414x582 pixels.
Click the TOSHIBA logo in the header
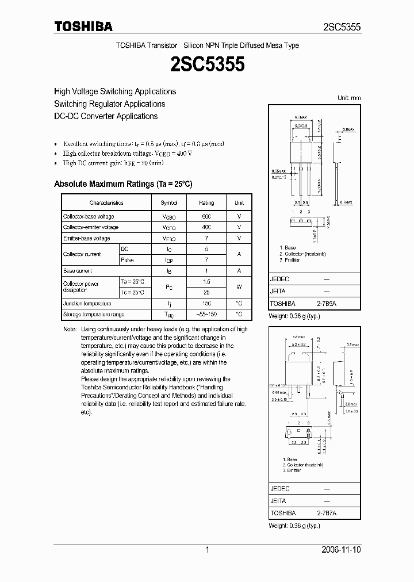click(x=83, y=26)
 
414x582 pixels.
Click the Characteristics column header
click(x=106, y=203)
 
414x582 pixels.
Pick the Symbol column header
click(x=169, y=203)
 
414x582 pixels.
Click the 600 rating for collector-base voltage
click(x=206, y=216)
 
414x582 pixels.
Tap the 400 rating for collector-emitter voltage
click(x=206, y=227)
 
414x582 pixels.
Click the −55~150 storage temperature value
click(x=206, y=315)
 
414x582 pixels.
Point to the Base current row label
click(x=78, y=270)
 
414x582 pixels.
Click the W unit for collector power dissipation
click(x=239, y=287)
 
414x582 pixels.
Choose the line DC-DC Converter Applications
click(x=106, y=116)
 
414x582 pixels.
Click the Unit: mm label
click(x=349, y=98)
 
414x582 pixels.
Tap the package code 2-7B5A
click(x=326, y=303)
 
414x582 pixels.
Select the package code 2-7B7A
click(x=326, y=512)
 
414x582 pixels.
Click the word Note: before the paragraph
click(x=70, y=330)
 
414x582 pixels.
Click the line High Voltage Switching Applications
click(x=115, y=91)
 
